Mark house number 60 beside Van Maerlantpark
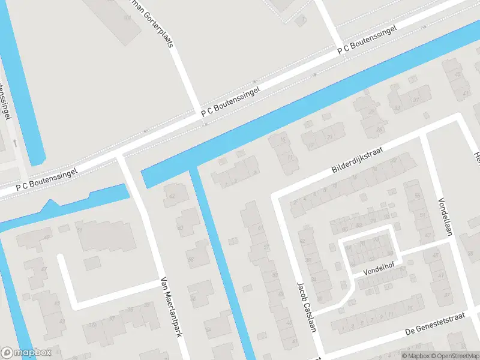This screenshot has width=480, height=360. tap(180, 228)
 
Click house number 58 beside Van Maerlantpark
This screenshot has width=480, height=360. tap(191, 260)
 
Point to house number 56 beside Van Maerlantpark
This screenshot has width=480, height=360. tap(193, 298)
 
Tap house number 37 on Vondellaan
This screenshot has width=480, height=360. tap(447, 295)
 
